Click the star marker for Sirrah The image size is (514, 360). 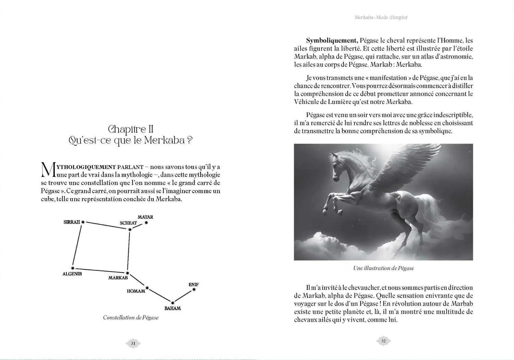pos(83,222)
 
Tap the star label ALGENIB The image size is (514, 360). pos(72,274)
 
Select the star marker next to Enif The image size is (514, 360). pos(194,290)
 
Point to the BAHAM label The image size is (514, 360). pos(172,308)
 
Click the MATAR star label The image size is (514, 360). pos(145,217)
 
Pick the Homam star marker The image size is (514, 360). pos(147,288)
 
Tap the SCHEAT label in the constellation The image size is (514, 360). pos(128,223)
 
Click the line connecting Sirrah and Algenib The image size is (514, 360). pos(77,245)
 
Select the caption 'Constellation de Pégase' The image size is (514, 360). pos(131,317)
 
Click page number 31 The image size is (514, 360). pos(133,343)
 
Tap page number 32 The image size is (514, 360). pos(383,341)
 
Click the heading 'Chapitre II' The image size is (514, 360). pos(131,129)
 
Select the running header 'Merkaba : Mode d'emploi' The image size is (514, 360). pos(381,17)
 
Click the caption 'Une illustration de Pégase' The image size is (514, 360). pos(383,268)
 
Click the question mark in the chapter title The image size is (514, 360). pos(190,140)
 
